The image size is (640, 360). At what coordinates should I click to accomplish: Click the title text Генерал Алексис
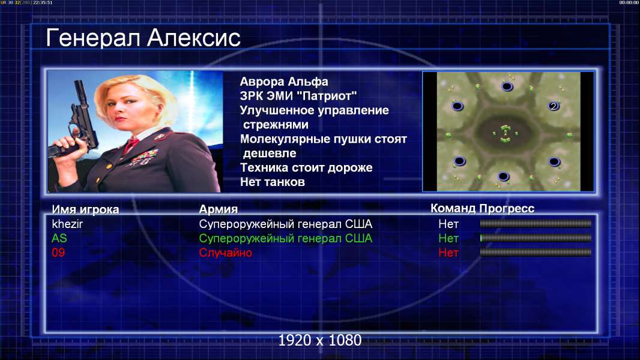pyautogui.click(x=143, y=38)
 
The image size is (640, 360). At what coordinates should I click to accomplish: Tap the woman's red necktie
pyautogui.click(x=131, y=144)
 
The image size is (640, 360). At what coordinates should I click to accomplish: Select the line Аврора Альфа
pyautogui.click(x=283, y=82)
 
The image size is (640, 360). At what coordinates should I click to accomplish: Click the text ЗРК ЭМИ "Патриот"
pyautogui.click(x=298, y=96)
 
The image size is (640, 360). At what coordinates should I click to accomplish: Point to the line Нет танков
pyautogui.click(x=272, y=182)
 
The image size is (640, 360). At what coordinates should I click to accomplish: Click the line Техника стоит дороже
pyautogui.click(x=306, y=167)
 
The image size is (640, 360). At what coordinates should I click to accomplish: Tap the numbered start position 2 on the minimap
pyautogui.click(x=554, y=106)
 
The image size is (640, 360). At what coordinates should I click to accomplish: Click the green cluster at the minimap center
pyautogui.click(x=506, y=133)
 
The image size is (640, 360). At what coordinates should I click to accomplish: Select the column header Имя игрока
pyautogui.click(x=85, y=209)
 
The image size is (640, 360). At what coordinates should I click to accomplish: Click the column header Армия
pyautogui.click(x=219, y=209)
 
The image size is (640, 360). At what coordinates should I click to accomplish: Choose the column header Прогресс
pyautogui.click(x=507, y=209)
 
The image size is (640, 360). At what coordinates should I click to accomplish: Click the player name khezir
pyautogui.click(x=67, y=224)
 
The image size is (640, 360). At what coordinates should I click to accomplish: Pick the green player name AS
pyautogui.click(x=59, y=238)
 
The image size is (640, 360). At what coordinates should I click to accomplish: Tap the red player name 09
pyautogui.click(x=58, y=253)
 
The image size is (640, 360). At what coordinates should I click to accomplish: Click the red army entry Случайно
pyautogui.click(x=225, y=253)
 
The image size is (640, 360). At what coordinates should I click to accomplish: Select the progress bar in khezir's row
pyautogui.click(x=536, y=223)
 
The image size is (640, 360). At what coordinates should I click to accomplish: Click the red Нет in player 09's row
pyautogui.click(x=448, y=253)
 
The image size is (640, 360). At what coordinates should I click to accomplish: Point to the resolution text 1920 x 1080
pyautogui.click(x=320, y=340)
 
